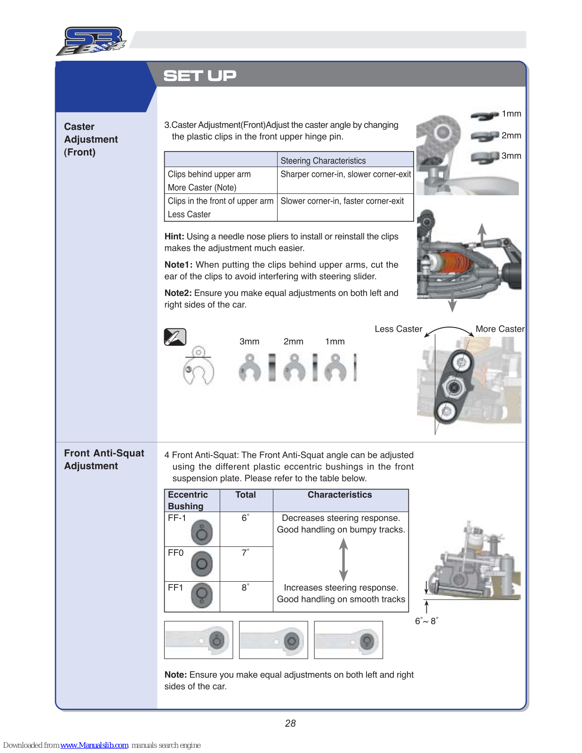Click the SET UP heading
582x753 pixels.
pyautogui.click(x=199, y=75)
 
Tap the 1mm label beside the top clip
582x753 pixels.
pyautogui.click(x=511, y=114)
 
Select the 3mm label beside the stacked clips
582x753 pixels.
pyautogui.click(x=511, y=156)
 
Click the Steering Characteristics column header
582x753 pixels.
pyautogui.click(x=323, y=160)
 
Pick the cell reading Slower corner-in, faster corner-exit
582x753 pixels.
pyautogui.click(x=342, y=201)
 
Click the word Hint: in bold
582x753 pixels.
pyautogui.click(x=174, y=237)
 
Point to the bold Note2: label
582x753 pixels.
pyautogui.click(x=178, y=293)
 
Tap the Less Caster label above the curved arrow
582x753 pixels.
pyautogui.click(x=398, y=329)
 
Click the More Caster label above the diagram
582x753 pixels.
pyautogui.click(x=500, y=329)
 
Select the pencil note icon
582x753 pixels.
pyautogui.click(x=175, y=337)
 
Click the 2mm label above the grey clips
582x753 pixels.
pyautogui.click(x=293, y=342)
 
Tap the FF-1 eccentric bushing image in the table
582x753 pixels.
pyautogui.click(x=202, y=533)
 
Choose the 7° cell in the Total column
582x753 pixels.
pyautogui.click(x=245, y=553)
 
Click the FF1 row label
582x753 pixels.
pyautogui.click(x=175, y=588)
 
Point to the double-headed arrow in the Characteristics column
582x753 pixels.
pyautogui.click(x=344, y=560)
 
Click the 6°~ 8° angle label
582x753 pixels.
pyautogui.click(x=426, y=621)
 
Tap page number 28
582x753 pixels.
pyautogui.click(x=290, y=723)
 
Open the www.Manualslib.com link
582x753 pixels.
pyautogui.click(x=95, y=745)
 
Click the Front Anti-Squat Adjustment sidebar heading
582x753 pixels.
pyautogui.click(x=104, y=459)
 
